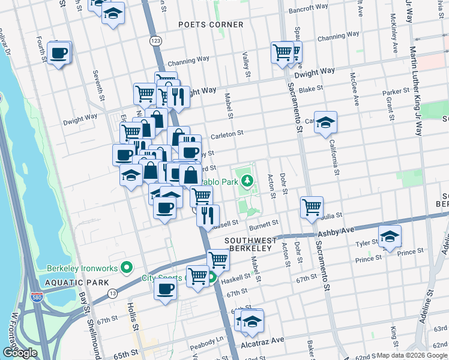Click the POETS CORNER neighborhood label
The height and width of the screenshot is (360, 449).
click(x=211, y=25)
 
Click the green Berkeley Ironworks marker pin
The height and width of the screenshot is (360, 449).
click(x=126, y=267)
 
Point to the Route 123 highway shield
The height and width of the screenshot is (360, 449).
click(x=155, y=40)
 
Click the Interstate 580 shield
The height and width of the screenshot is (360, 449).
click(x=36, y=296)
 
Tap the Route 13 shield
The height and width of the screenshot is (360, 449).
click(x=112, y=292)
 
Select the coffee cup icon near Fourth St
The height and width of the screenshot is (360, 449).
click(x=59, y=53)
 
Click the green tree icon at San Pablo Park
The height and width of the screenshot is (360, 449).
click(x=247, y=178)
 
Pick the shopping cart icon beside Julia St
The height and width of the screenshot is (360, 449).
click(x=312, y=208)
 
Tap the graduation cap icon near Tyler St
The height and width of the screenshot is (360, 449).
click(x=390, y=236)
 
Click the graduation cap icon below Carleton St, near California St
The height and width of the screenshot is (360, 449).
click(x=325, y=122)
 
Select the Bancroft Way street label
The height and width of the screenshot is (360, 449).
click(x=309, y=9)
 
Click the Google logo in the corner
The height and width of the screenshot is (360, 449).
click(x=20, y=353)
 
